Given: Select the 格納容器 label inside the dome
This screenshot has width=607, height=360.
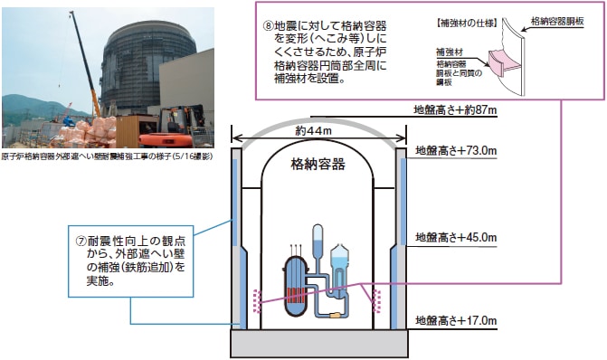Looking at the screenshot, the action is click(x=318, y=165).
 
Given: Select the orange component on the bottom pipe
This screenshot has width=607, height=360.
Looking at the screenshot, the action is click(x=337, y=314).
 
